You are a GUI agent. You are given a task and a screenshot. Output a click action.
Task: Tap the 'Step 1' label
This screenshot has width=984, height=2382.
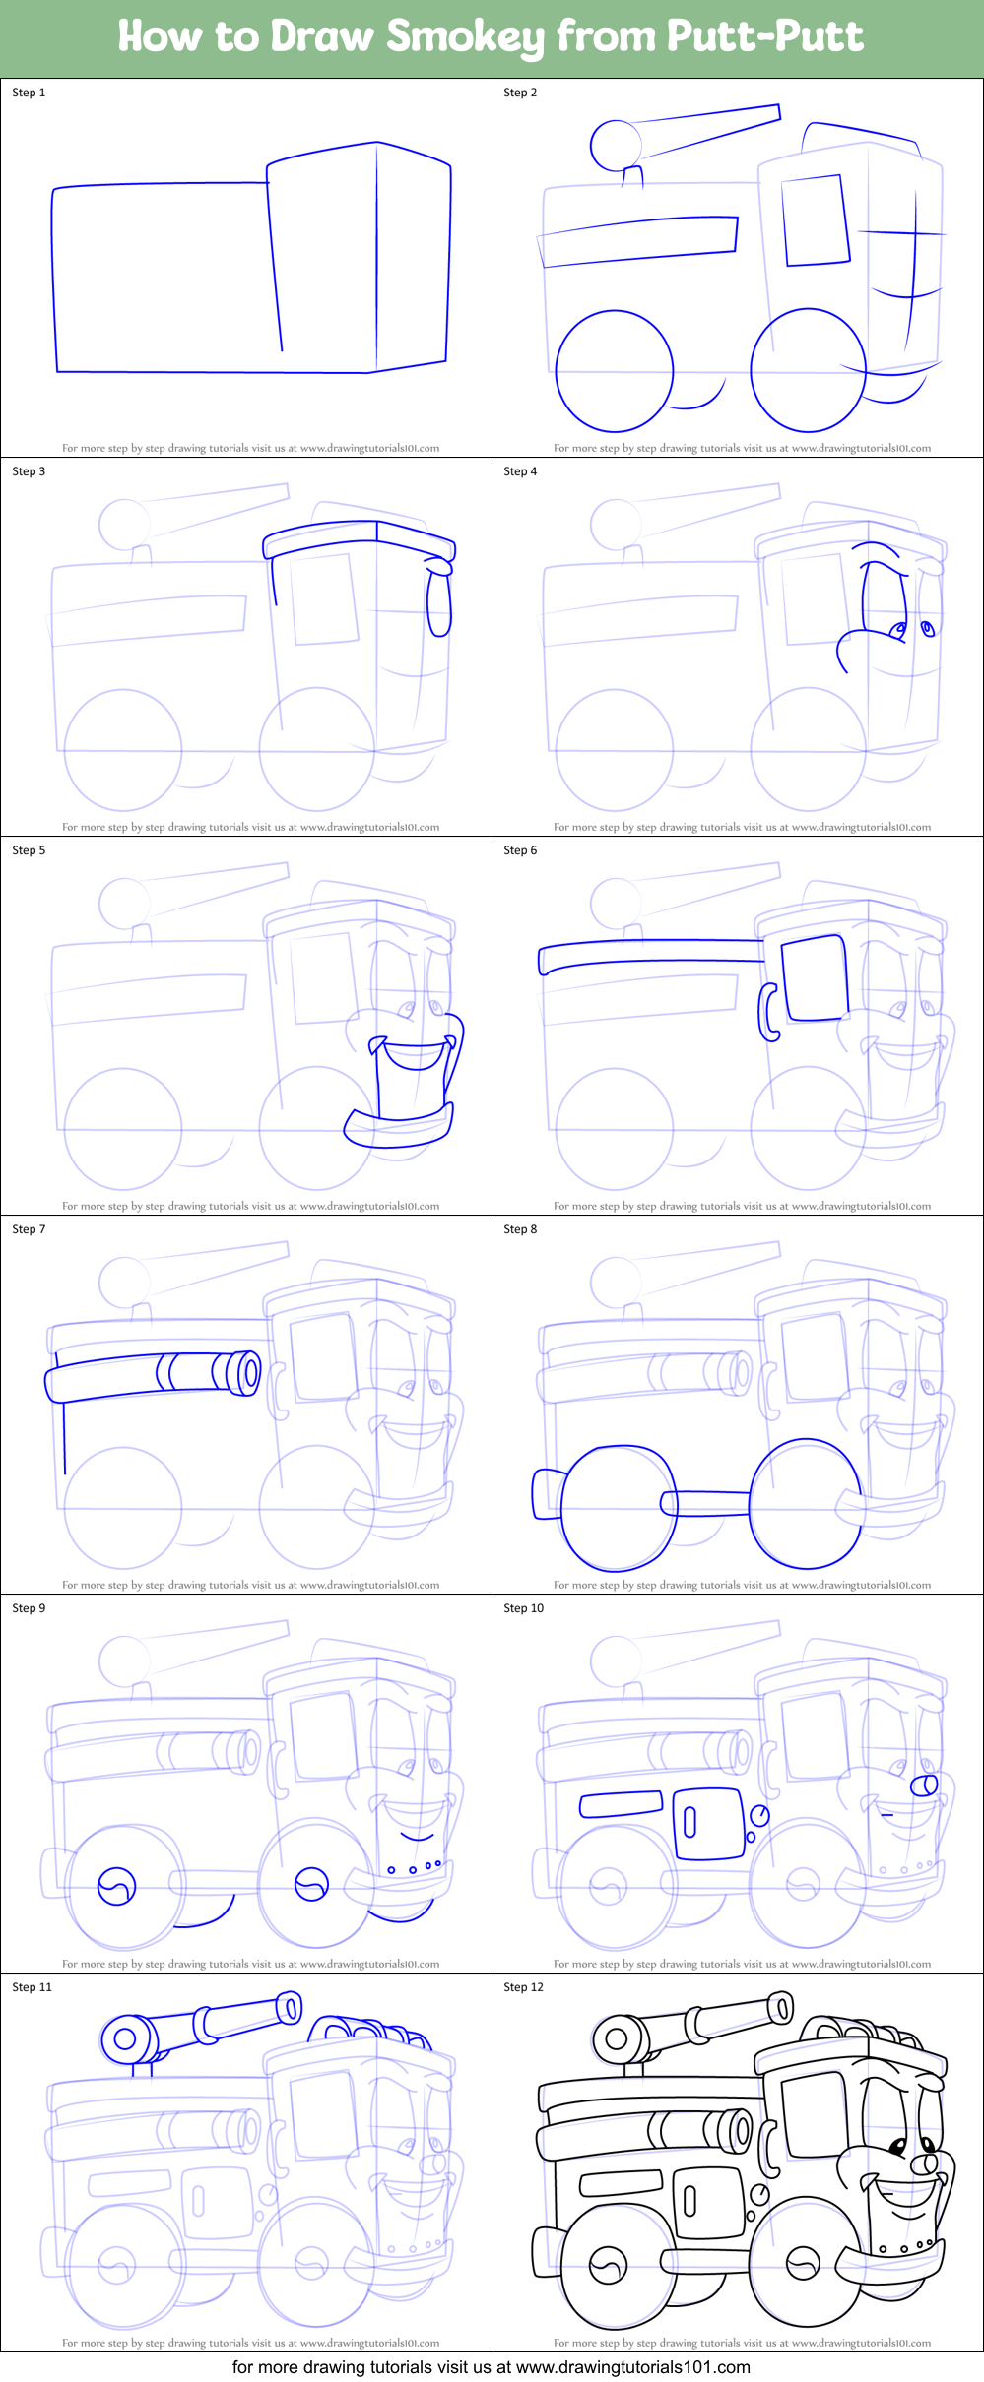tap(29, 93)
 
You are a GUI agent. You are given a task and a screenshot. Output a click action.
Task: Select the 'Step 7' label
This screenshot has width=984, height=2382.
tap(29, 1229)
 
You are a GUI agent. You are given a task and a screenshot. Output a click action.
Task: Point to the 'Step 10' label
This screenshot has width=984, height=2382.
tap(523, 1608)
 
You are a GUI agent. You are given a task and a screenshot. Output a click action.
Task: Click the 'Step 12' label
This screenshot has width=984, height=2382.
tap(523, 1987)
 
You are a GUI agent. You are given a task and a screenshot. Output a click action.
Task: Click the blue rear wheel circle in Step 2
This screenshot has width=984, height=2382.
tap(614, 371)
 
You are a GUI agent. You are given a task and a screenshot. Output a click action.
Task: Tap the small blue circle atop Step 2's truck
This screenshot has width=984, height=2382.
tap(616, 146)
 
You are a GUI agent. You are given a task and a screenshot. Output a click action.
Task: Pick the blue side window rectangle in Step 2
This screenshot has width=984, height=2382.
tap(816, 220)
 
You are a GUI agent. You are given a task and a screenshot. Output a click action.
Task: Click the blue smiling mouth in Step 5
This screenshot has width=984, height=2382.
tap(414, 1056)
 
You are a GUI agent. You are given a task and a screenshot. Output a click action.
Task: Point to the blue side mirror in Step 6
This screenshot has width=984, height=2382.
tap(768, 1012)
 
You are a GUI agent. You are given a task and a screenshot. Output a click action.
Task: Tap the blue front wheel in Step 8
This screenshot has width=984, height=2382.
tap(806, 1504)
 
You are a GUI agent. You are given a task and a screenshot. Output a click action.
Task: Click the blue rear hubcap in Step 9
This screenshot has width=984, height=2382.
tap(116, 1886)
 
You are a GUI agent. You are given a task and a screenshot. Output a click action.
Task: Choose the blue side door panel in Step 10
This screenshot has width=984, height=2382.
tap(708, 1824)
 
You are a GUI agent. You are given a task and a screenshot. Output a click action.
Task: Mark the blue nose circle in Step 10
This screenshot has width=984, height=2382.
tap(924, 1785)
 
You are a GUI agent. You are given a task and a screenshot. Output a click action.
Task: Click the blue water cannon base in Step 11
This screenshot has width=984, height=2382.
tap(125, 2037)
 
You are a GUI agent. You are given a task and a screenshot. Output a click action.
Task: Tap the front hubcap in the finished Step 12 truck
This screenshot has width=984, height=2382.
tap(803, 2265)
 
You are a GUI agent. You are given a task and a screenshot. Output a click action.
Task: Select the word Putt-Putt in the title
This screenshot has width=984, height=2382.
tap(764, 37)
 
